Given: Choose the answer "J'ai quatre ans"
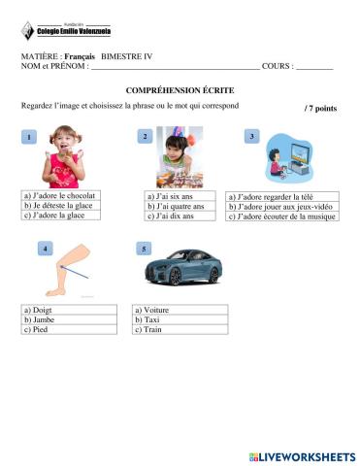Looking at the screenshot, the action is (176, 206).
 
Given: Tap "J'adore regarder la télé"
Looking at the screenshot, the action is (268, 195).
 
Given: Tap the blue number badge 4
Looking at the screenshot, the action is (45, 250).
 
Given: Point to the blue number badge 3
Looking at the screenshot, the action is (251, 137).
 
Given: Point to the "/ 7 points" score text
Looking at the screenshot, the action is (320, 108).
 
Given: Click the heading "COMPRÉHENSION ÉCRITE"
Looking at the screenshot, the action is (180, 88).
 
